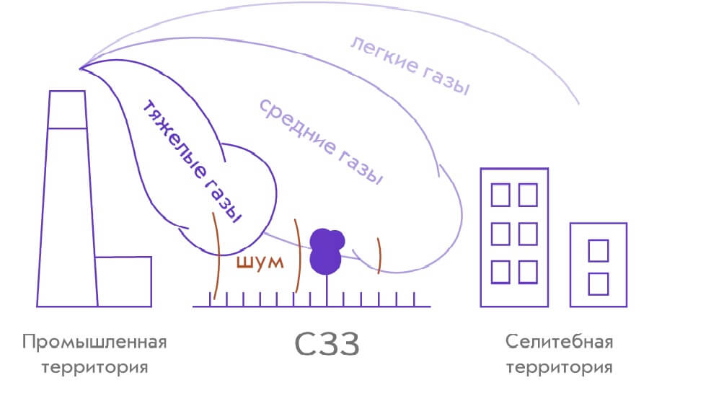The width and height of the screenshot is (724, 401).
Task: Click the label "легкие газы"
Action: coord(410,66)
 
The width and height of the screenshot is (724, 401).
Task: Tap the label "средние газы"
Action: coord(320,141)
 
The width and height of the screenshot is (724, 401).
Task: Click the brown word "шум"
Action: coord(260,263)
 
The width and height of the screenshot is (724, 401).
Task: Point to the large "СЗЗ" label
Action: coord(327,345)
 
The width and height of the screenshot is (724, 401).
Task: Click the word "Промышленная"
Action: coord(94,341)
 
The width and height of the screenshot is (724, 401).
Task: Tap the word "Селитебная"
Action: coord(559,341)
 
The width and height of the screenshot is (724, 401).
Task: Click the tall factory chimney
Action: coord(67,216)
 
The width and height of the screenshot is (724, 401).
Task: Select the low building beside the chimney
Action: coord(124,281)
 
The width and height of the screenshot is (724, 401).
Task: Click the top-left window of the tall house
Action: coord(500,194)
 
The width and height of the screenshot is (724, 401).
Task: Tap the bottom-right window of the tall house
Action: coord(527,272)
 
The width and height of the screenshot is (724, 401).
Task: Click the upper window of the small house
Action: coord(599,251)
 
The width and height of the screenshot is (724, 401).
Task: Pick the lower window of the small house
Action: coord(599,283)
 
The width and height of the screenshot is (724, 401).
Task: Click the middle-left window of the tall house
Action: coord(500,233)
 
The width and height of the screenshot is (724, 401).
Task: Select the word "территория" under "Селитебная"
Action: coord(559,367)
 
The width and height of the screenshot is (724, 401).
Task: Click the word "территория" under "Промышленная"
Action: coord(94,367)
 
